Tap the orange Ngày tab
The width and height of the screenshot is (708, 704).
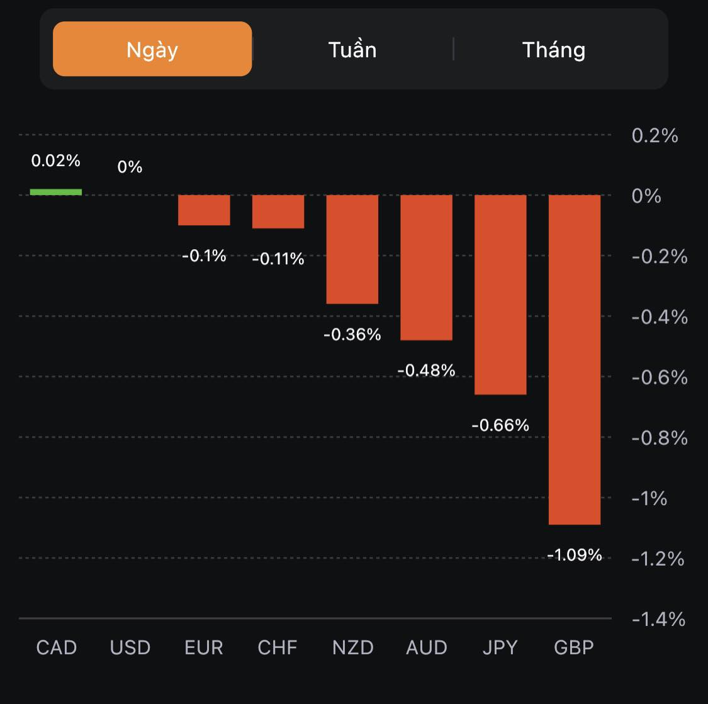(x=152, y=49)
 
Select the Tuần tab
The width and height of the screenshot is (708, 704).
(x=352, y=50)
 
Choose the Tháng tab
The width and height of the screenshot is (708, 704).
(x=554, y=50)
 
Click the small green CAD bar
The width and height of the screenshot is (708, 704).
(x=56, y=192)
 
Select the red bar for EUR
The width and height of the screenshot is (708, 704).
(x=204, y=210)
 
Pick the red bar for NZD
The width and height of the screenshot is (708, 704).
(x=352, y=249)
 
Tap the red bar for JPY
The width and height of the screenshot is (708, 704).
(x=500, y=294)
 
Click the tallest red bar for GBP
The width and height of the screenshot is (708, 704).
(x=575, y=359)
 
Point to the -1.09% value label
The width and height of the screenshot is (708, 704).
(x=575, y=555)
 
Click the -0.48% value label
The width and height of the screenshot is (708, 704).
(x=426, y=371)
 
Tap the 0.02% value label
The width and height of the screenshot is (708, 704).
(x=56, y=161)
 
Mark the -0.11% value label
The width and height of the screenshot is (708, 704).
(x=278, y=259)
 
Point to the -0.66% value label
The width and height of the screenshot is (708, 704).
(x=500, y=425)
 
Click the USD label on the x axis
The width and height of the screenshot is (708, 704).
(x=130, y=647)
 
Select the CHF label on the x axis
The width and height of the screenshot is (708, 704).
(x=278, y=647)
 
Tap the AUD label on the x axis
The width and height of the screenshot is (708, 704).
(x=427, y=647)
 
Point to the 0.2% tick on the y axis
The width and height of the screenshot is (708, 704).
(x=655, y=136)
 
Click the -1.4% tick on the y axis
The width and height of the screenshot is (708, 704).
(x=658, y=620)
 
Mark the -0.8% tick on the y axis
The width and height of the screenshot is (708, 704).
(x=660, y=438)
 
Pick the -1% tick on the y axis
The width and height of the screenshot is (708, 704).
(x=649, y=498)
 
